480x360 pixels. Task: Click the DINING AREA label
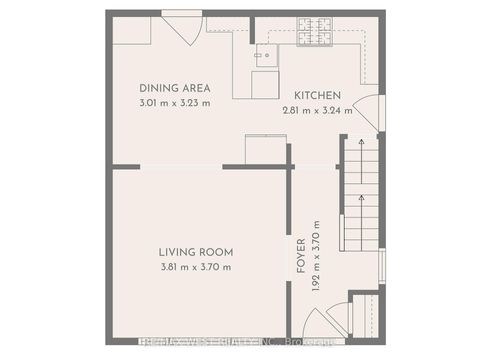tap(174, 88)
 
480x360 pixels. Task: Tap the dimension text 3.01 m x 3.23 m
tap(174, 102)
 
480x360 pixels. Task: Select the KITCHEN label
tap(316, 96)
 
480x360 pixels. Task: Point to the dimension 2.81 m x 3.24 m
tap(316, 111)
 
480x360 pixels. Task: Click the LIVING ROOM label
tap(195, 253)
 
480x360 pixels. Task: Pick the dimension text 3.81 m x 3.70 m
tap(195, 267)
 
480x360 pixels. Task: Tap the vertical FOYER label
tap(300, 254)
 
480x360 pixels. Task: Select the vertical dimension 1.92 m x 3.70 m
tap(316, 254)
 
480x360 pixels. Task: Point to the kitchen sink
tap(263, 54)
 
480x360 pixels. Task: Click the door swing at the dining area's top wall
tap(181, 28)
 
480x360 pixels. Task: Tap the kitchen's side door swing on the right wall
tap(367, 111)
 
